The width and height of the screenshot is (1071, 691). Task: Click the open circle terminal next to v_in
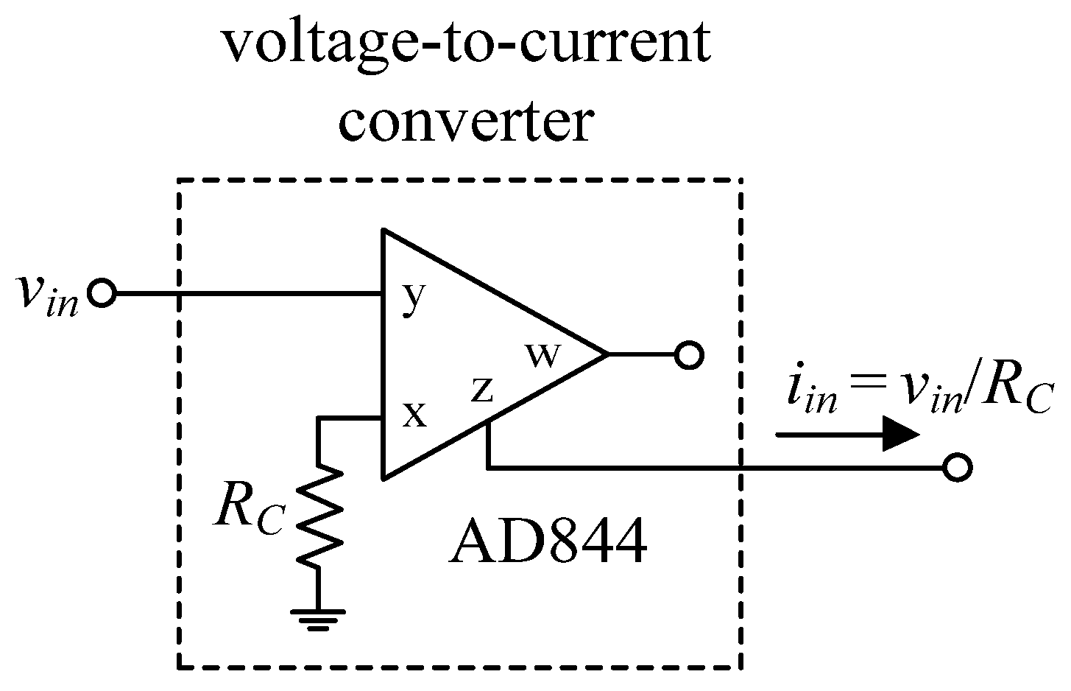(x=102, y=293)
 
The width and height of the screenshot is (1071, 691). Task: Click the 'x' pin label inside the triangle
(x=415, y=415)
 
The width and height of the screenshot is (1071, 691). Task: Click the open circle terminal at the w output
(x=689, y=356)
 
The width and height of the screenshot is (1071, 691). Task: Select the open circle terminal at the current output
(x=958, y=467)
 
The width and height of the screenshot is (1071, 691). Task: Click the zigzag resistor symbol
(x=319, y=516)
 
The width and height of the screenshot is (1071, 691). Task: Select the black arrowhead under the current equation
(x=899, y=434)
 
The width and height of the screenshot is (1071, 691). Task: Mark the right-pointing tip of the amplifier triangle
(x=605, y=355)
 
